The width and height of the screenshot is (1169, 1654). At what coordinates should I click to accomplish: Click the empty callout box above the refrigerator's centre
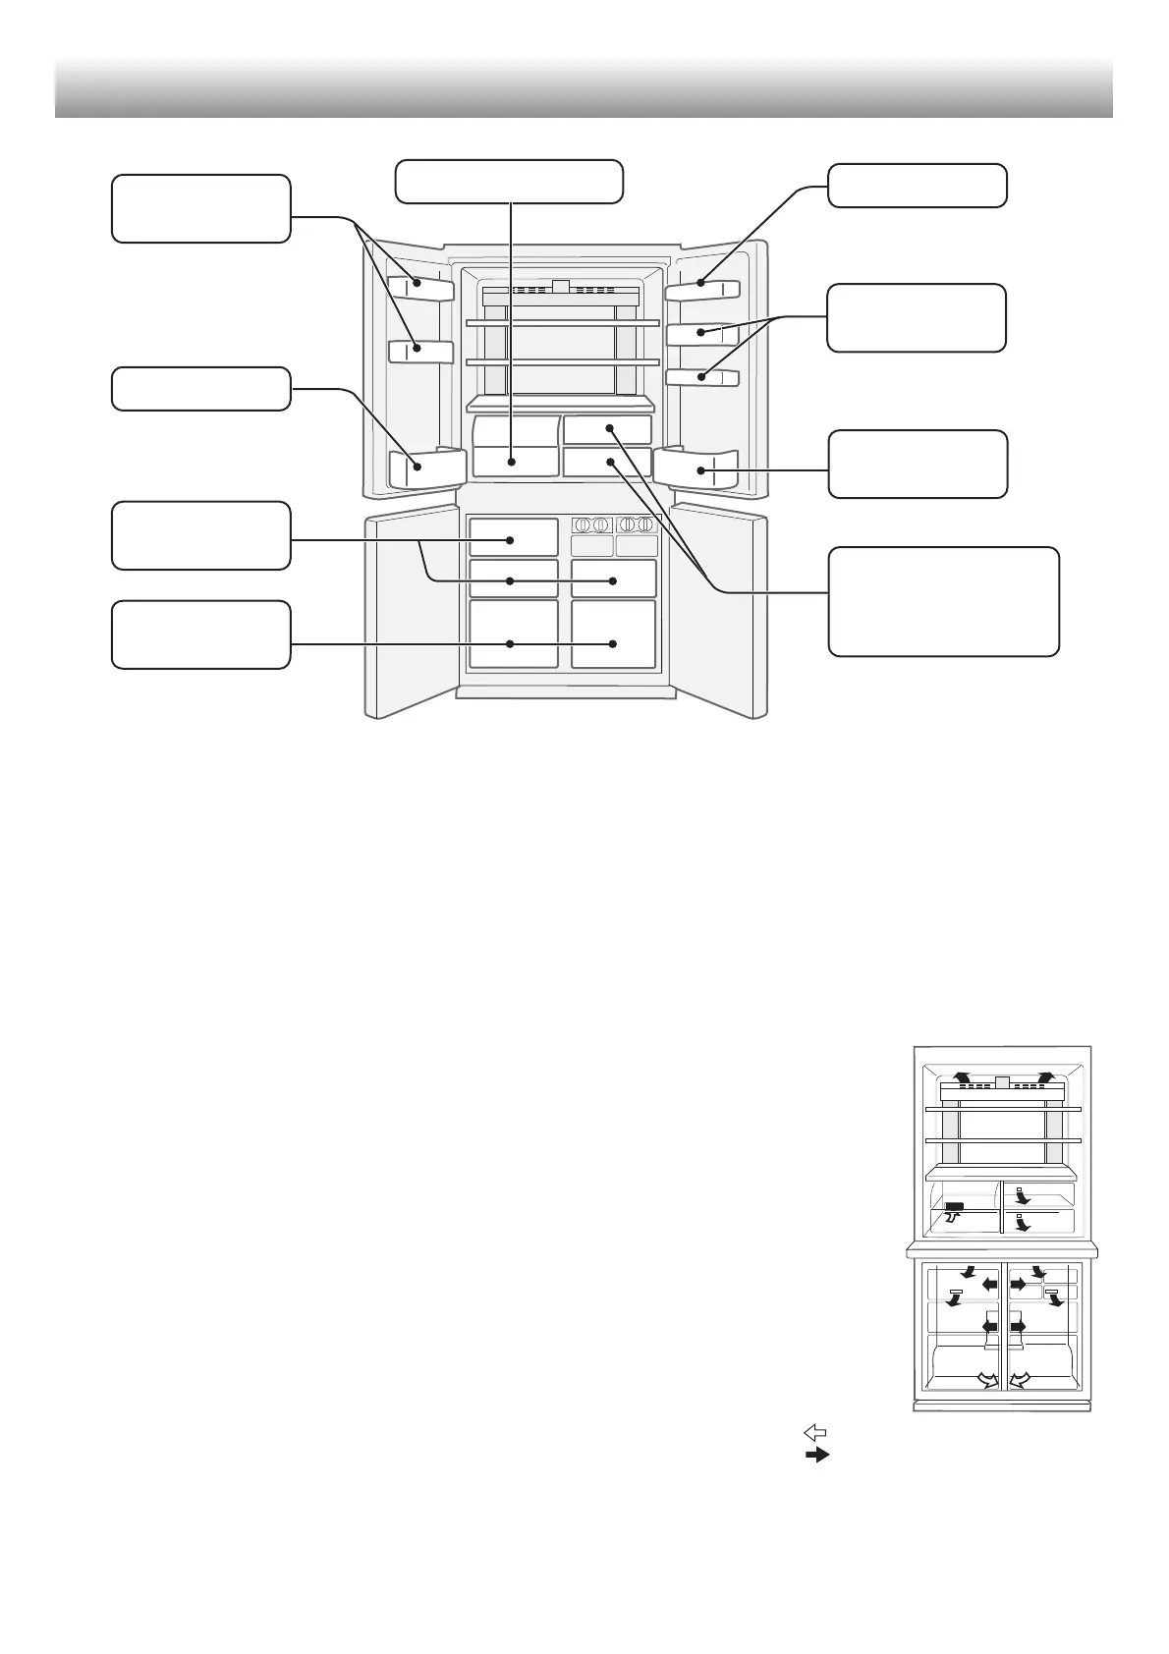point(509,182)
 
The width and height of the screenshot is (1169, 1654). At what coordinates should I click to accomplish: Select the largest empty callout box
point(943,601)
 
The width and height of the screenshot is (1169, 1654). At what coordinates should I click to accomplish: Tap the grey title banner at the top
point(584,88)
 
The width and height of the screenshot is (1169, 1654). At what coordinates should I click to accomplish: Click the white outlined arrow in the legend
point(814,1433)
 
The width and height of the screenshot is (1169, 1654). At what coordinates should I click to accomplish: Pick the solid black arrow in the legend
point(817,1455)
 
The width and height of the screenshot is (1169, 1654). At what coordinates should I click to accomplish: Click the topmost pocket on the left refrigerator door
point(420,287)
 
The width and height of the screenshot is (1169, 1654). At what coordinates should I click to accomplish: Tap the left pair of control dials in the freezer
point(592,525)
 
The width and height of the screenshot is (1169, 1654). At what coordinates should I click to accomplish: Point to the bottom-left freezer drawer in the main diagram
point(513,634)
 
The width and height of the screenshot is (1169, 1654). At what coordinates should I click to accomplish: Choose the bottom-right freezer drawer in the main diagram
point(613,634)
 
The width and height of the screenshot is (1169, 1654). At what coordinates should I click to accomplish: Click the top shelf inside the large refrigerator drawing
point(561,323)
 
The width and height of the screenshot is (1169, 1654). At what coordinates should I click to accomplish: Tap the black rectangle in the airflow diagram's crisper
point(955,1206)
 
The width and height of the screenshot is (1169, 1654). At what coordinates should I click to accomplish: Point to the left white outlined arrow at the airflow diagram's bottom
point(985,1380)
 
